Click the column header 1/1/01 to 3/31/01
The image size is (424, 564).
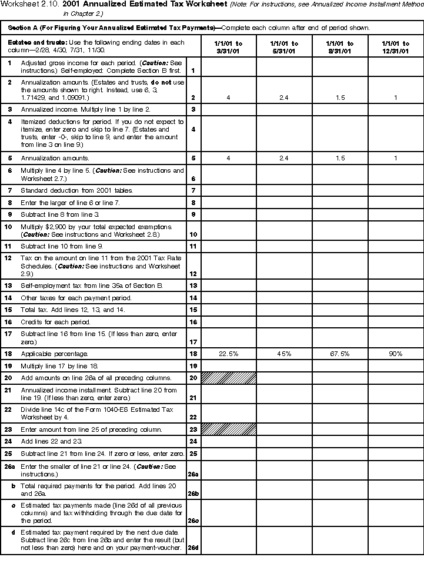(x=229, y=47)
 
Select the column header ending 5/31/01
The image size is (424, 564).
(x=284, y=47)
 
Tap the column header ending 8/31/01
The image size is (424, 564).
(x=340, y=47)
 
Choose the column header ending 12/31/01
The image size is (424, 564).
(x=396, y=47)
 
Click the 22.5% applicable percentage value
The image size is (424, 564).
(x=229, y=354)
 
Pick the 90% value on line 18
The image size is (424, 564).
(x=396, y=354)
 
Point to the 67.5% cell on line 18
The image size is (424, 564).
(x=340, y=354)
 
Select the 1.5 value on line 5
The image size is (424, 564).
(x=340, y=158)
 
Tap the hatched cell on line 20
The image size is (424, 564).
(x=229, y=378)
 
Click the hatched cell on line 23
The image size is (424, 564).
(x=229, y=429)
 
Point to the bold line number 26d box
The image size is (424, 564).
(x=193, y=548)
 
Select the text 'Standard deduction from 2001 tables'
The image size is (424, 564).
(x=76, y=191)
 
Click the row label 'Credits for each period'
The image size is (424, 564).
(x=56, y=322)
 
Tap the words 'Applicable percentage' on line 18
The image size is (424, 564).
(x=55, y=354)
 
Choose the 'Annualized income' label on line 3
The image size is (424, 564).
(x=46, y=109)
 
